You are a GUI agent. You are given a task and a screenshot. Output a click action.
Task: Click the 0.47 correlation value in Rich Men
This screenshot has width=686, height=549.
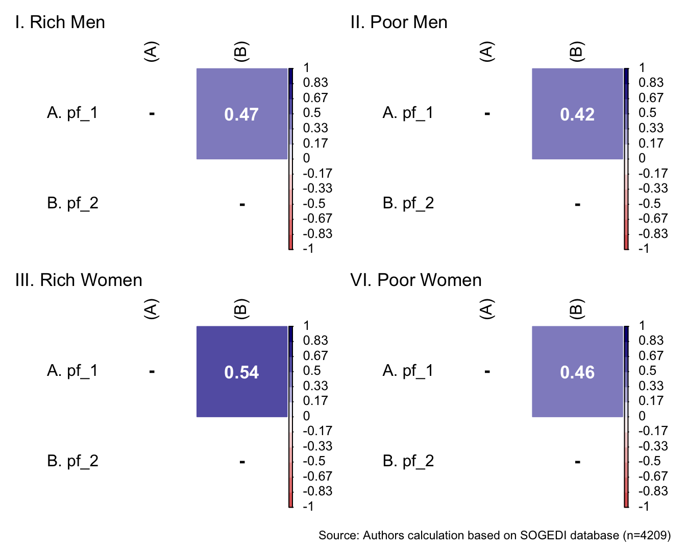coord(241,114)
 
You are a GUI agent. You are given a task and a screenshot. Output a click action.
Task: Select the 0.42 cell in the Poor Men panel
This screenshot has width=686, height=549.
coord(577,114)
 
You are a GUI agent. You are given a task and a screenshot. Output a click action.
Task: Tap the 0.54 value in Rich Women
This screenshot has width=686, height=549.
coord(241,372)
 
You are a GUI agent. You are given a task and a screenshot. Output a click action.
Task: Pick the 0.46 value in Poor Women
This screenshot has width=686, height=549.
coord(577,372)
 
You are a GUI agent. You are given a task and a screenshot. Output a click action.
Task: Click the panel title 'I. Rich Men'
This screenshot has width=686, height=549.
coord(60,22)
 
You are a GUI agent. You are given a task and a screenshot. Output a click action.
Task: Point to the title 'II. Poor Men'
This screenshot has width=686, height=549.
coord(399,22)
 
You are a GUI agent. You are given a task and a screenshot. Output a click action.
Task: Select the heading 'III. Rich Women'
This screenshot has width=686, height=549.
coord(79,280)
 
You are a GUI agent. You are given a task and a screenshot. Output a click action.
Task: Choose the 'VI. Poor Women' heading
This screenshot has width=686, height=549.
coord(416,280)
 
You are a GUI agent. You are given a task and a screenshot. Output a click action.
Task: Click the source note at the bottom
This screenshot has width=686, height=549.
coord(494,535)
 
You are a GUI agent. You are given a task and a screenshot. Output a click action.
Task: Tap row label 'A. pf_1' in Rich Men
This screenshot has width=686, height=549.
coord(72,113)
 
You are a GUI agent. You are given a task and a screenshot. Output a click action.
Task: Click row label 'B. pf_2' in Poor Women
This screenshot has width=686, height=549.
coord(408,461)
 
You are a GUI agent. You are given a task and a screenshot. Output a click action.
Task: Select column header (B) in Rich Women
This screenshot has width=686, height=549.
coord(241,309)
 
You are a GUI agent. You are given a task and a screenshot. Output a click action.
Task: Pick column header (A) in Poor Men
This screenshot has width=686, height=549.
coord(487,52)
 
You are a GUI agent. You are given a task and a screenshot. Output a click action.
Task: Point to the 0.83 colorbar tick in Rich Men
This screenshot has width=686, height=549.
coord(315,83)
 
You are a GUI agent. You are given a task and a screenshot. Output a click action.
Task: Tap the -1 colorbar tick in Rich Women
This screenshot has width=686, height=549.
coord(308,506)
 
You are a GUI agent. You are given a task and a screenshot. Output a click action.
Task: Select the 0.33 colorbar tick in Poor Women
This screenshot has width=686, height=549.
coord(651,386)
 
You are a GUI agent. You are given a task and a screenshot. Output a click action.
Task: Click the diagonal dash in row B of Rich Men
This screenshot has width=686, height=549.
coord(242,205)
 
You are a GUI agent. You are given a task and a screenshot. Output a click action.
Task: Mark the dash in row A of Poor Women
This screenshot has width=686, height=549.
coord(487,371)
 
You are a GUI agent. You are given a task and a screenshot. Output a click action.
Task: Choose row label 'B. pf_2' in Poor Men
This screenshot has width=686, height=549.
coord(408,203)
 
